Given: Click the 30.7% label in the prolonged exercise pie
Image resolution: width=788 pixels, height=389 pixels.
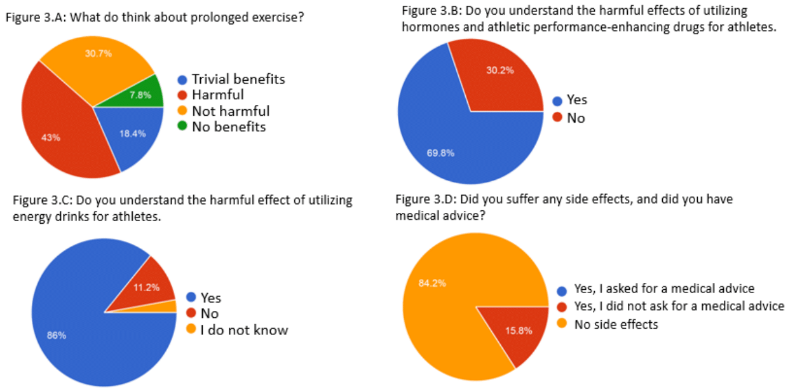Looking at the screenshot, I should point(98,53).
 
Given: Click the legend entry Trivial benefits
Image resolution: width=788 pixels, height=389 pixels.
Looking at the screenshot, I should point(238,79).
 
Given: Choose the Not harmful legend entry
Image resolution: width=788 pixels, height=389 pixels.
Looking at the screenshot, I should point(231,111).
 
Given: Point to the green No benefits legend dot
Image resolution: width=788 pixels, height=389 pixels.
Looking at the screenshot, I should point(182,127).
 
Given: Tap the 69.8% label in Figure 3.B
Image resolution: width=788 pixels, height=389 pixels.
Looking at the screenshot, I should point(440,153).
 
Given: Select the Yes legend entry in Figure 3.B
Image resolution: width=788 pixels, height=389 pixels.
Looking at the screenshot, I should point(577,100).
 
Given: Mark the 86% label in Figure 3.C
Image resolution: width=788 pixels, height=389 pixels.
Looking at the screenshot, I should point(57,335).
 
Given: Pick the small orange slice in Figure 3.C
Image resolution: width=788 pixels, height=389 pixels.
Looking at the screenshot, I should point(171,306).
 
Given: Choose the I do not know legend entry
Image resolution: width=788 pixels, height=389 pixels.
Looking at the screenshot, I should point(244,330).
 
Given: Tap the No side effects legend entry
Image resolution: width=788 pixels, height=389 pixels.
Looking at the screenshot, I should point(616,325).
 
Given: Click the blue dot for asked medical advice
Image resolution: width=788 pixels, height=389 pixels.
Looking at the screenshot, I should point(561,289).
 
